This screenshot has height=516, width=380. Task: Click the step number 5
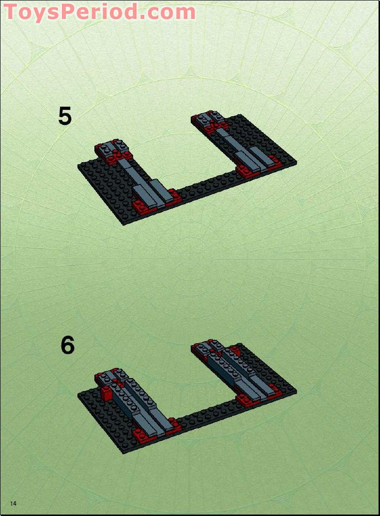point(65,116)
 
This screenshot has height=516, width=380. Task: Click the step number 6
point(68,345)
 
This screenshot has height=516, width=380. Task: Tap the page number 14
point(13,504)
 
